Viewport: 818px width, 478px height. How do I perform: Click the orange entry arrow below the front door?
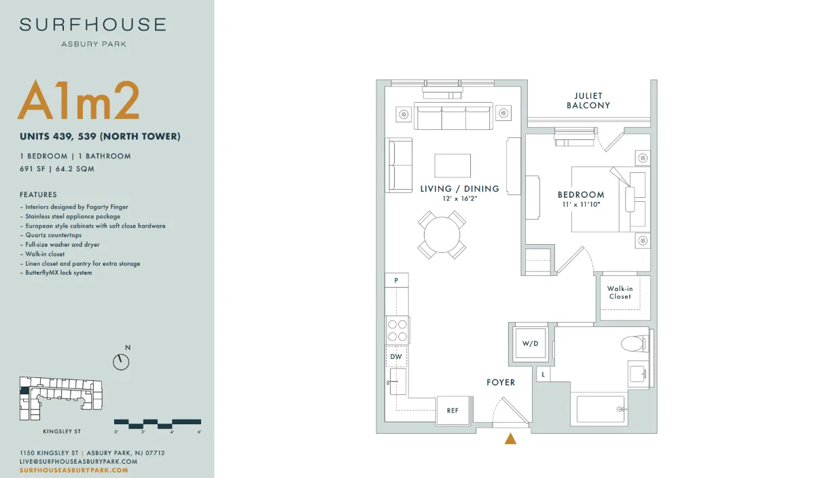click(510, 439)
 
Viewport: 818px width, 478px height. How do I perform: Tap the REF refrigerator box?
click(452, 411)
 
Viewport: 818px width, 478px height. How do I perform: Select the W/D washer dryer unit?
click(530, 343)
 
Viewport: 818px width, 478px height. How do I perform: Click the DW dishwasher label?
click(396, 357)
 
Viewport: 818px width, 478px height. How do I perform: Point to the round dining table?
click(442, 235)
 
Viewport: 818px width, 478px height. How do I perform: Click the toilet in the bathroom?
click(635, 343)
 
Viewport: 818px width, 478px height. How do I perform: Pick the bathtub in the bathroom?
click(601, 409)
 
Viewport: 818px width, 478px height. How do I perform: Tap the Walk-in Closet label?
click(620, 292)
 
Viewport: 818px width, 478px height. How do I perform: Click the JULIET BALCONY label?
click(588, 101)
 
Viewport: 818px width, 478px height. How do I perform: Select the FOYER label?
click(501, 382)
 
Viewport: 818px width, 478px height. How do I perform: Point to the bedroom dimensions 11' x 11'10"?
click(582, 204)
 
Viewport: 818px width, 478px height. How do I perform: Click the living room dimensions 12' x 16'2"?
click(460, 199)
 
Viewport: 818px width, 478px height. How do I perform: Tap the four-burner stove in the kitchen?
click(397, 330)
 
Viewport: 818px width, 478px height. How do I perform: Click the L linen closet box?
click(544, 374)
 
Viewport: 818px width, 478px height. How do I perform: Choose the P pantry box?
click(397, 280)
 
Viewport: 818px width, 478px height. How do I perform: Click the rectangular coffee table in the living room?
click(452, 165)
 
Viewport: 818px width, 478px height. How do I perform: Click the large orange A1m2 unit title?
click(79, 100)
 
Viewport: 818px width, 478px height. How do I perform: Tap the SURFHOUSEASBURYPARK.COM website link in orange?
click(74, 470)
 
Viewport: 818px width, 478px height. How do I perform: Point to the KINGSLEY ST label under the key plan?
click(62, 431)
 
